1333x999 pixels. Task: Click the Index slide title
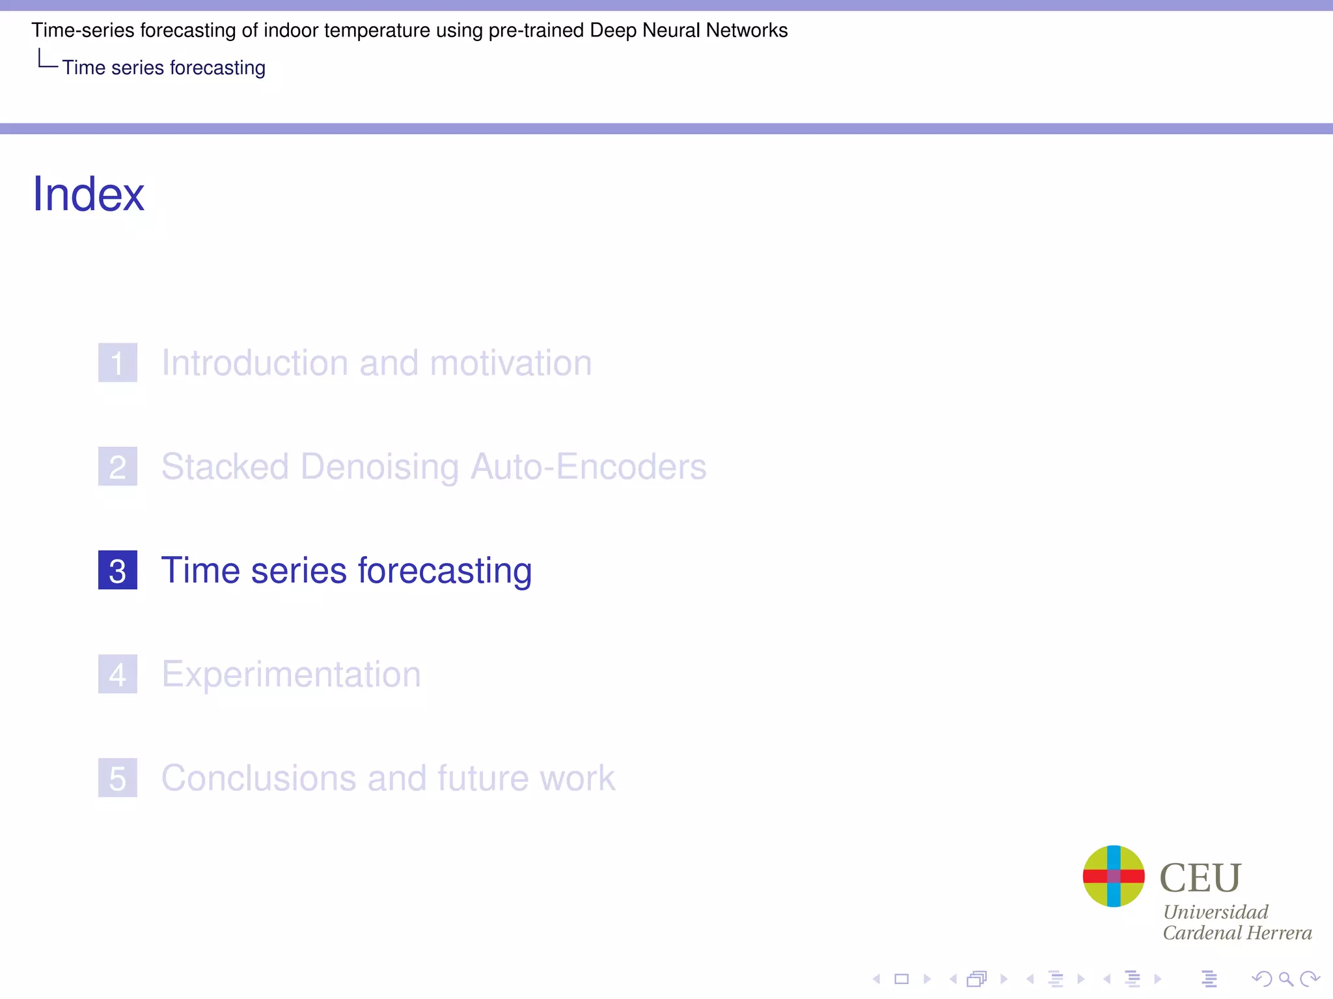tap(89, 194)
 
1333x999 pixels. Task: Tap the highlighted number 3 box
tap(118, 570)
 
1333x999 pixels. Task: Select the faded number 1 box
tap(118, 362)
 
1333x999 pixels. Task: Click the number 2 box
tap(118, 466)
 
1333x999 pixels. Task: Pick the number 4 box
tap(118, 674)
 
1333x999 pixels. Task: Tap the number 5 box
tap(118, 778)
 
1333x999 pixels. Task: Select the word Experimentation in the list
tap(291, 674)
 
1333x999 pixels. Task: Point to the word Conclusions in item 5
tap(258, 778)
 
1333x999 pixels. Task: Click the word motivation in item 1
tap(511, 362)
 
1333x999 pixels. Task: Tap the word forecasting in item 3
tap(445, 570)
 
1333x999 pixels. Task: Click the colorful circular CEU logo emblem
tap(1114, 876)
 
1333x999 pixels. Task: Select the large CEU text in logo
tap(1200, 877)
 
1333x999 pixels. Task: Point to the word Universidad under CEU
tap(1215, 912)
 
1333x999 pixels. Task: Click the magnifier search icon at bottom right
tap(1285, 978)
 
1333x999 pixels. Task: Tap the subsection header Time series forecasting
tap(163, 68)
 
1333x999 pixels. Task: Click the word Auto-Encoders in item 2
tap(588, 467)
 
